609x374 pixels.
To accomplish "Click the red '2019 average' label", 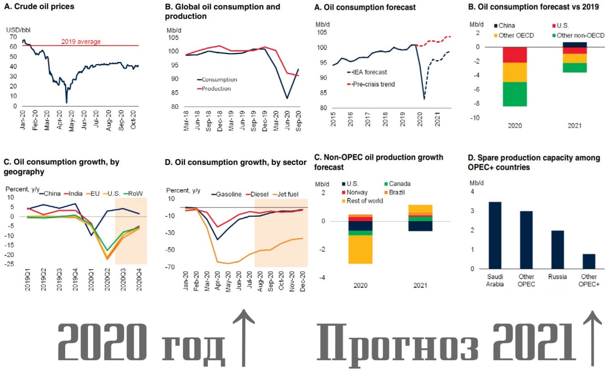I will pos(81,42).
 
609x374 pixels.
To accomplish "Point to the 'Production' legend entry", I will pos(216,89).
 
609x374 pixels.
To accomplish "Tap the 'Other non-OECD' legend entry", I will pos(581,35).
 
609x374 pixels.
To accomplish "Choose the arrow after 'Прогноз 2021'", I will pos(592,338).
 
